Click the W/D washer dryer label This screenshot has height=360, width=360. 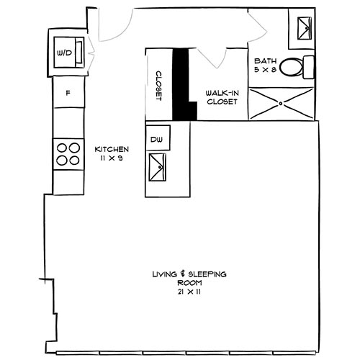coord(64,53)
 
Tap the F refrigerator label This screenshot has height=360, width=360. coord(67,93)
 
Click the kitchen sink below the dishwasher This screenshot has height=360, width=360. coord(157,169)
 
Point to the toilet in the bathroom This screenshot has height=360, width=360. coord(294,67)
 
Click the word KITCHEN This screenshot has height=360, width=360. coord(112,149)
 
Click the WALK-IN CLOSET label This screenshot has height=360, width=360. coord(222,97)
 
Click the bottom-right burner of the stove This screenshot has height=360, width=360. coord(73,161)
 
